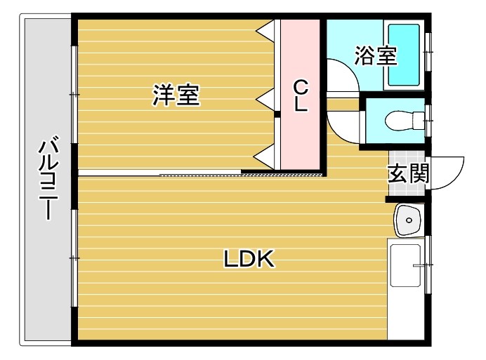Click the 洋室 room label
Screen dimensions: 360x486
pos(176,95)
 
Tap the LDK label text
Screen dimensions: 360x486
pos(249,259)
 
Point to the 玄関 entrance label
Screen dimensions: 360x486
pos(408,172)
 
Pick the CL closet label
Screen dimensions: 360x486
pos(300,96)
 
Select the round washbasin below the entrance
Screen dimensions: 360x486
pos(407,222)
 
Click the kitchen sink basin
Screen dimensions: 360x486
pos(405,265)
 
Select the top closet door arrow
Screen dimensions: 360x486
pos(266,30)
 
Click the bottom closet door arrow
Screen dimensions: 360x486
pos(266,156)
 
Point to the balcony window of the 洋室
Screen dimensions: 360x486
pos(74,94)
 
